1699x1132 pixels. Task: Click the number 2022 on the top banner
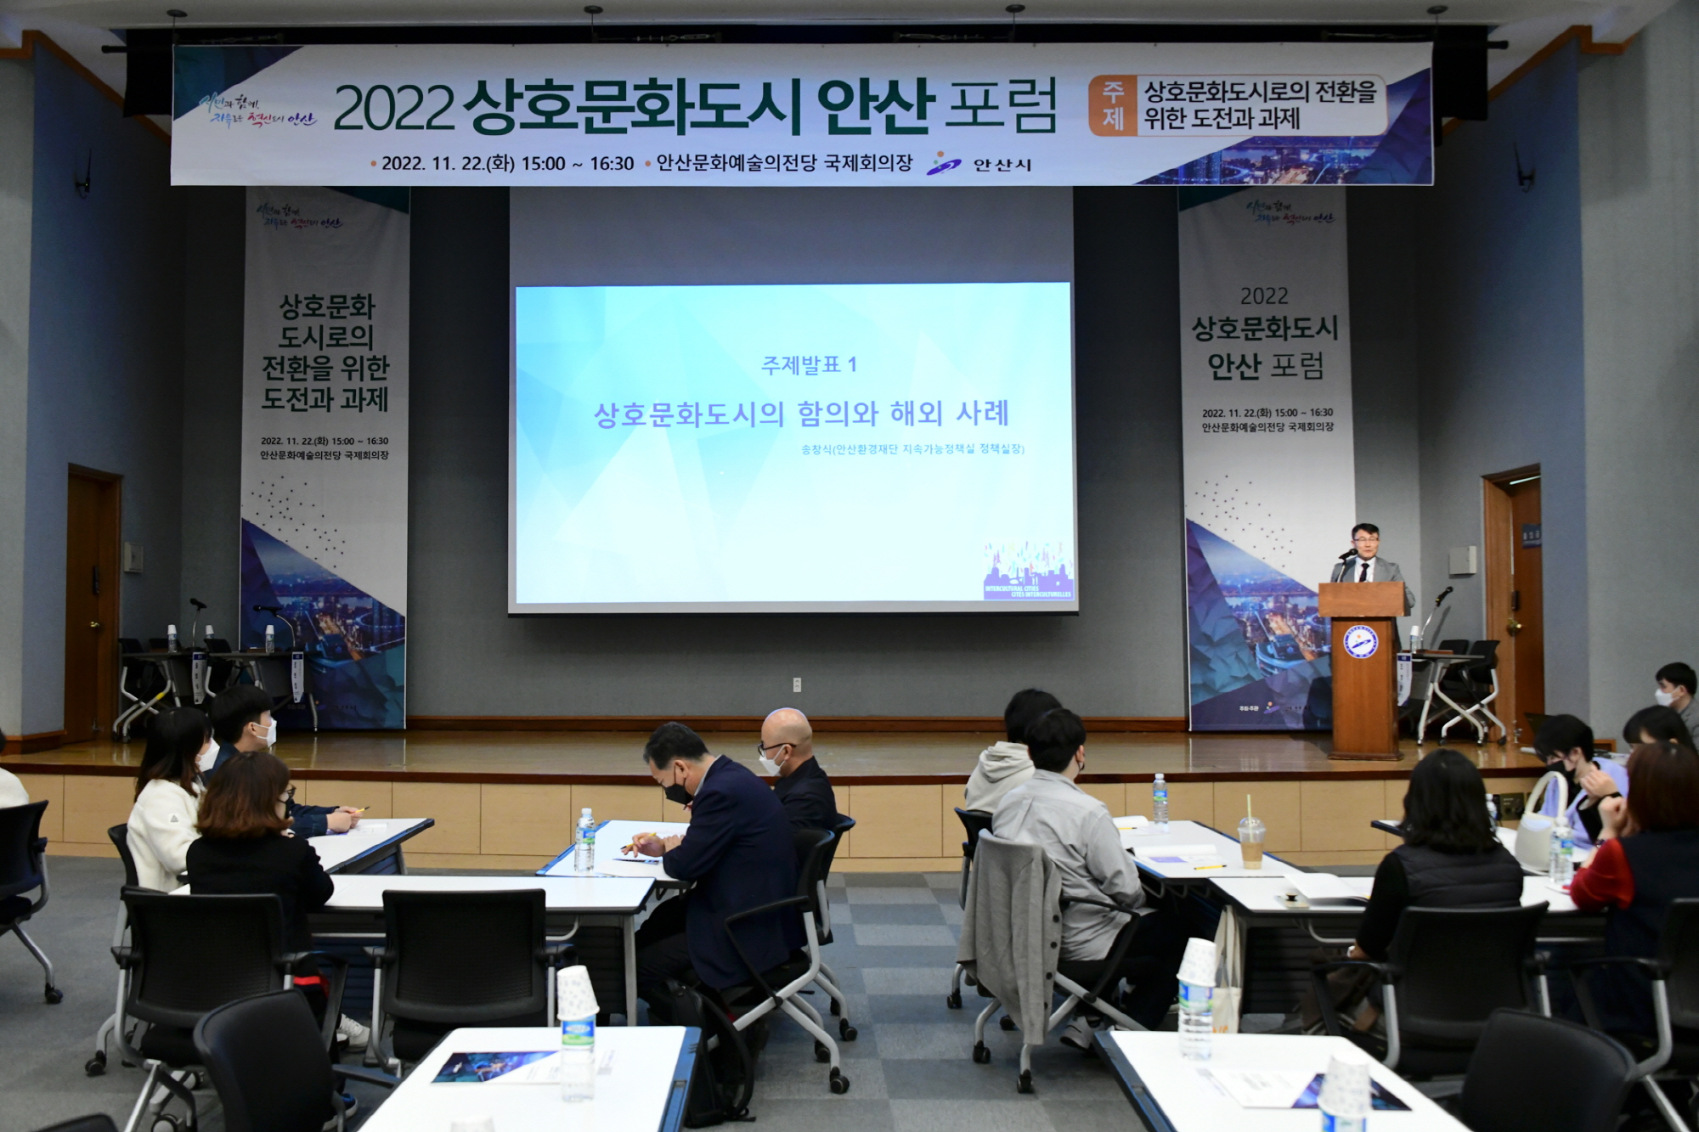[x=393, y=109]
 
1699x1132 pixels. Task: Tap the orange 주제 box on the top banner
[x=1113, y=105]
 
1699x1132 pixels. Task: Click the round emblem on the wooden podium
[x=1360, y=641]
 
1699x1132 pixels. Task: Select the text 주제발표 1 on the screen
[x=809, y=365]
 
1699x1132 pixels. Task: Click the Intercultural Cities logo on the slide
[x=1028, y=572]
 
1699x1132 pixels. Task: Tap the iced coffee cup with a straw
[x=1250, y=840]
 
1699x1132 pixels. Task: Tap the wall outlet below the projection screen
[x=797, y=684]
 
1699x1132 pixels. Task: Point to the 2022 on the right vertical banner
[x=1264, y=296]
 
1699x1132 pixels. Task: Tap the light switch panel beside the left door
[x=133, y=557]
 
